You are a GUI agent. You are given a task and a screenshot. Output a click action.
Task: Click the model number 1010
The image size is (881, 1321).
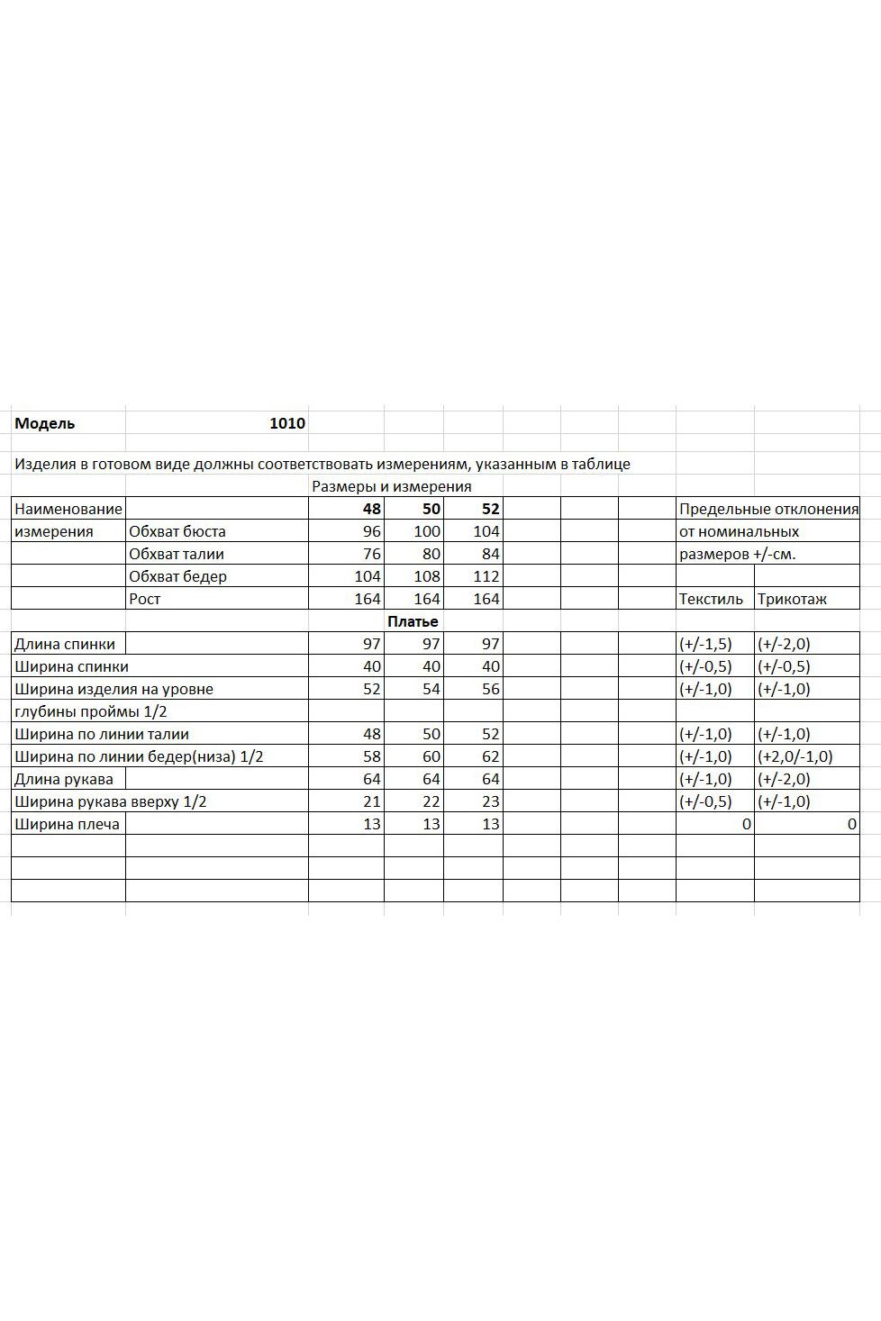pyautogui.click(x=287, y=423)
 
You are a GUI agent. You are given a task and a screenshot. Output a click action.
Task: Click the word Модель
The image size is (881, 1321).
pyautogui.click(x=45, y=423)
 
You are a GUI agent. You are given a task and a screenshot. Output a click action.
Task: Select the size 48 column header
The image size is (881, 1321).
pyautogui.click(x=371, y=509)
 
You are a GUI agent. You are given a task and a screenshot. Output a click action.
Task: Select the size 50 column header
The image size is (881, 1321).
pyautogui.click(x=431, y=509)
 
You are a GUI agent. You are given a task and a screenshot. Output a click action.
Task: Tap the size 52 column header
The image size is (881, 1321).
pyautogui.click(x=490, y=509)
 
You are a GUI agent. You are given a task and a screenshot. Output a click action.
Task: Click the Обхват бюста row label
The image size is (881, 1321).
pyautogui.click(x=177, y=531)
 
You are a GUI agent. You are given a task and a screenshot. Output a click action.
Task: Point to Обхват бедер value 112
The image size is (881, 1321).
pyautogui.click(x=486, y=576)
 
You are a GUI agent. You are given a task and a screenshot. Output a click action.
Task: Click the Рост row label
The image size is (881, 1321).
pyautogui.click(x=144, y=599)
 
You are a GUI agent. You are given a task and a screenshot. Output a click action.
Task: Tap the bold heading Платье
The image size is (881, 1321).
pyautogui.click(x=413, y=621)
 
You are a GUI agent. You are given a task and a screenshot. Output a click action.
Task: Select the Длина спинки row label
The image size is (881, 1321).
pyautogui.click(x=65, y=644)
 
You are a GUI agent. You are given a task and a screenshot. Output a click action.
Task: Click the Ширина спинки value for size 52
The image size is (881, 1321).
pyautogui.click(x=490, y=666)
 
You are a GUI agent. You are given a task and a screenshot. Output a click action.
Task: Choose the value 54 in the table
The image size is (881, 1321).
pyautogui.click(x=431, y=689)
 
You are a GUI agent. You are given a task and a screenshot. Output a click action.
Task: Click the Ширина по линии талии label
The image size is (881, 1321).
pyautogui.click(x=102, y=734)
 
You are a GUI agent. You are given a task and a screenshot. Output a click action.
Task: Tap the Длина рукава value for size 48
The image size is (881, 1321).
pyautogui.click(x=371, y=779)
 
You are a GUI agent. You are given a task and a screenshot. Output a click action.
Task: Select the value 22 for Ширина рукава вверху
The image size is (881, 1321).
pyautogui.click(x=431, y=801)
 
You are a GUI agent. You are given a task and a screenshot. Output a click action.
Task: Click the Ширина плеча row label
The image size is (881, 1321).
pyautogui.click(x=67, y=824)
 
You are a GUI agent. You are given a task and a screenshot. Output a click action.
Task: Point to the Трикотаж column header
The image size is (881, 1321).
pyautogui.click(x=792, y=599)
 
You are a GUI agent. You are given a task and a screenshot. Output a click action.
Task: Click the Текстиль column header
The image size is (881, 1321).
pyautogui.click(x=712, y=599)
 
